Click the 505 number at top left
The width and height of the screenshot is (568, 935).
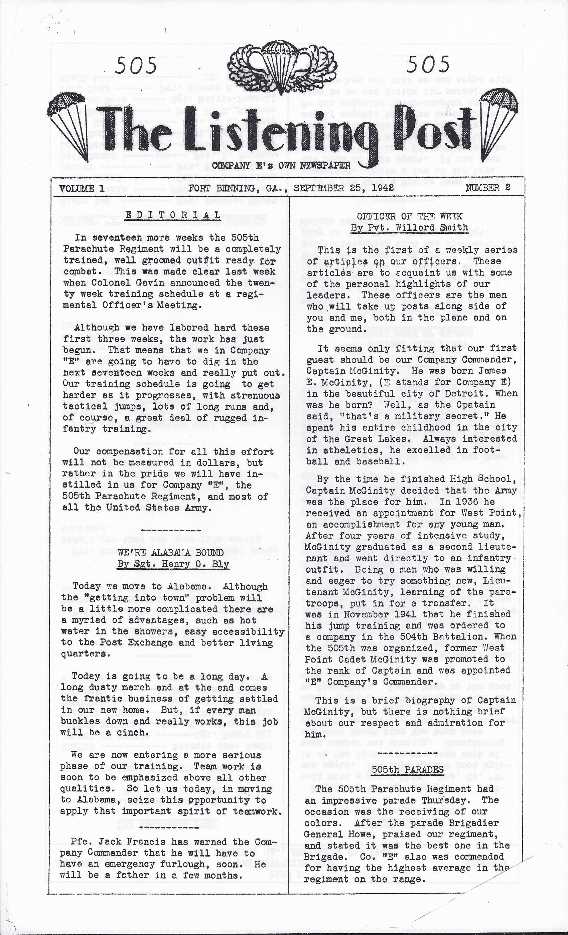coord(136,65)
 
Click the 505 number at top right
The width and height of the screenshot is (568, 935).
coord(428,64)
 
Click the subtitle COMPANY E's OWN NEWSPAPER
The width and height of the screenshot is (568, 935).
coord(281,165)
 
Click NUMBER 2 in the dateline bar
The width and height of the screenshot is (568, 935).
coord(488,187)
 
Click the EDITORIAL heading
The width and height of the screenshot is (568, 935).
coord(173,215)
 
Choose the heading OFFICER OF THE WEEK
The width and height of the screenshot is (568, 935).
coord(409,216)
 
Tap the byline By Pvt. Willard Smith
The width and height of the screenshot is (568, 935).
coord(409,228)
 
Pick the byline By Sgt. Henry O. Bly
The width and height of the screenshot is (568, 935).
coord(173,564)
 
